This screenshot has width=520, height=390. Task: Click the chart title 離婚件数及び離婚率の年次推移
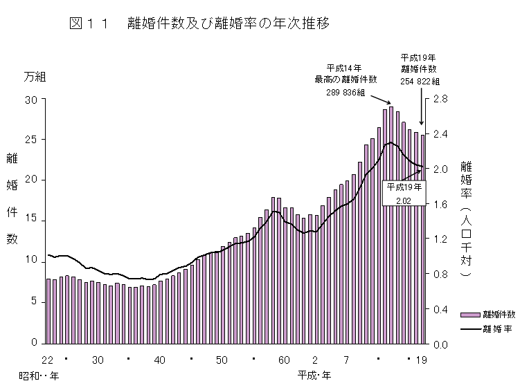point(228,24)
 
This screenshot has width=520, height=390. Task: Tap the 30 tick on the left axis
point(30,100)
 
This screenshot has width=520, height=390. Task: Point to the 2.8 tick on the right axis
point(440,100)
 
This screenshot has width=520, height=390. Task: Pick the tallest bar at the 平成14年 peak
point(391,225)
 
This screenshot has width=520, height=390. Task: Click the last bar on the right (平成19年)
point(423,239)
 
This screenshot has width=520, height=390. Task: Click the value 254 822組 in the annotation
point(420,80)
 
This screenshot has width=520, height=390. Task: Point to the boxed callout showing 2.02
point(404,193)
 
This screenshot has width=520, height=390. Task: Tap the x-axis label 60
point(284,360)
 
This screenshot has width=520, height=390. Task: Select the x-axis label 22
point(48,360)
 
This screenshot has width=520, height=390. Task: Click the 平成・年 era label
point(314,375)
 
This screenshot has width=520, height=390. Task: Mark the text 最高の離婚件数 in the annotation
point(344,80)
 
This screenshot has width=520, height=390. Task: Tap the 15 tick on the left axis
point(30,221)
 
